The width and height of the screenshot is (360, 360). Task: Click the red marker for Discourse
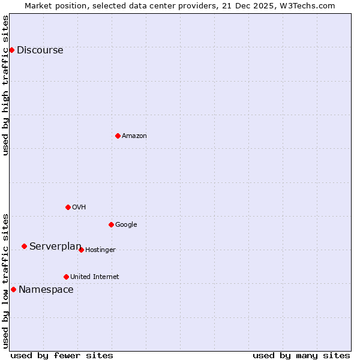[11, 50]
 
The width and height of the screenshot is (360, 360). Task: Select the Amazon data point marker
[118, 136]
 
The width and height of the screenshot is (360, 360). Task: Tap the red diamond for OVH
[68, 207]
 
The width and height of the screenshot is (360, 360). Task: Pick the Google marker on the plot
[111, 224]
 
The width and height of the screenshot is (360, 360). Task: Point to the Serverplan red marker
[24, 246]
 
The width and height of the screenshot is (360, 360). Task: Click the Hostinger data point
[81, 250]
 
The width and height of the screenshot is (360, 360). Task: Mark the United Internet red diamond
[66, 277]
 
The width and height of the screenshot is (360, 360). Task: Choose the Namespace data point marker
[13, 289]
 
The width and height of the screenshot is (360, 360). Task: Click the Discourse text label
[40, 50]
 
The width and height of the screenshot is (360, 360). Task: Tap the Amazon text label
[134, 136]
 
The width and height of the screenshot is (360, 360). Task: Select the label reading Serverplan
[55, 247]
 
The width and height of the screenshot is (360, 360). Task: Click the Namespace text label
[46, 290]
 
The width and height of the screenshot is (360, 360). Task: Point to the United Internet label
[94, 277]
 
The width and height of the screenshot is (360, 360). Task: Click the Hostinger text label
[100, 250]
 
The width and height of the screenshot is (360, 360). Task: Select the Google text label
[126, 225]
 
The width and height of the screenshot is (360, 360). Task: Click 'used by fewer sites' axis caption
[62, 355]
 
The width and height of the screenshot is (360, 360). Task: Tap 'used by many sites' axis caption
[301, 355]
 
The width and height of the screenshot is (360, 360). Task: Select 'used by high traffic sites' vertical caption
[6, 85]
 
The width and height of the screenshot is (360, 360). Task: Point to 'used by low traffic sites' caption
[6, 280]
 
